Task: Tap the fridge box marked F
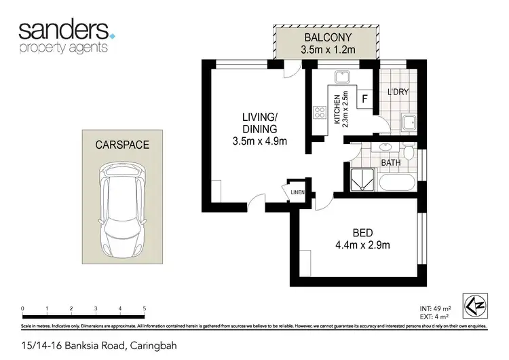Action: pyautogui.click(x=364, y=99)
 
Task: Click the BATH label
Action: pyautogui.click(x=390, y=163)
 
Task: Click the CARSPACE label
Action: pyautogui.click(x=122, y=145)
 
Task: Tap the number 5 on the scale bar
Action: pyautogui.click(x=144, y=309)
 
